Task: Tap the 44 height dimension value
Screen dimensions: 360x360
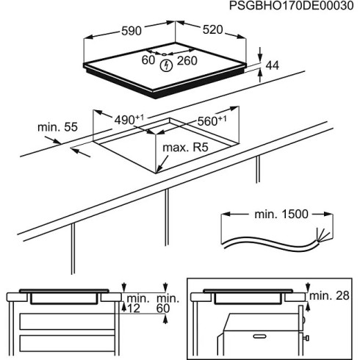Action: pos(273,66)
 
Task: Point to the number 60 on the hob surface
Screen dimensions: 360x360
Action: pos(148,60)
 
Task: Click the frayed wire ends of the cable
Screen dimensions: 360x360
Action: pos(318,237)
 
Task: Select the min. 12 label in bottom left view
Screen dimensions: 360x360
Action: pos(137,303)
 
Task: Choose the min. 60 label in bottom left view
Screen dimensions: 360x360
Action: pos(168,303)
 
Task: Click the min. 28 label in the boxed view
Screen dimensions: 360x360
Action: pos(330,295)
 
